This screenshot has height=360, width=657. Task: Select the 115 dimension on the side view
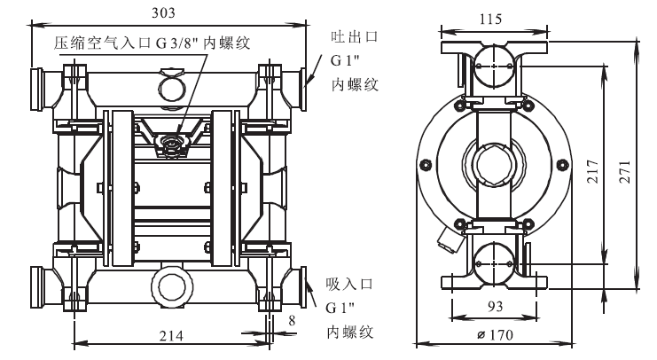(492, 17)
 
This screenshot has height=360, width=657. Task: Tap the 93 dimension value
(492, 306)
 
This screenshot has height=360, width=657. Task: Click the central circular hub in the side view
(491, 166)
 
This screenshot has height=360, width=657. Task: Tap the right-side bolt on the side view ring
(561, 164)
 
